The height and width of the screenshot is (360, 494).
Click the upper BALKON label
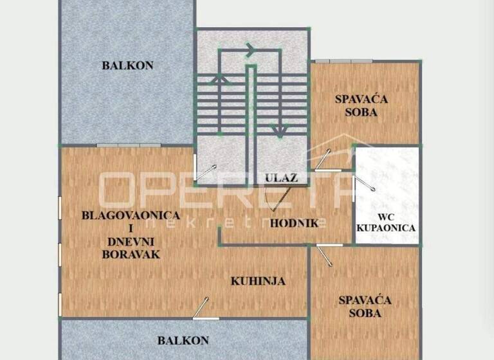[127, 65]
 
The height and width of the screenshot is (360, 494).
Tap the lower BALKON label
[183, 341]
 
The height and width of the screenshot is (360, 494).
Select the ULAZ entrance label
[281, 178]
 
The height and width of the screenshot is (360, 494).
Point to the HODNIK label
[294, 224]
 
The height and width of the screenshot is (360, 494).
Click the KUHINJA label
[258, 281]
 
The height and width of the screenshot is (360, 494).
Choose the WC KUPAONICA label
[386, 221]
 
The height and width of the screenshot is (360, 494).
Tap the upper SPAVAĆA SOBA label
[356, 105]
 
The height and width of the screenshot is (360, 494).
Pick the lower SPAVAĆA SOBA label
[365, 307]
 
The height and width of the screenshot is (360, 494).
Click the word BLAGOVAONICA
[131, 215]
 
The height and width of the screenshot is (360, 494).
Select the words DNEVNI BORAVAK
[131, 248]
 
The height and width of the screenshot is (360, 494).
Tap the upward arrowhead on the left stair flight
[219, 78]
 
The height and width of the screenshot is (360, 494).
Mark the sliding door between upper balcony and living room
[128, 145]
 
